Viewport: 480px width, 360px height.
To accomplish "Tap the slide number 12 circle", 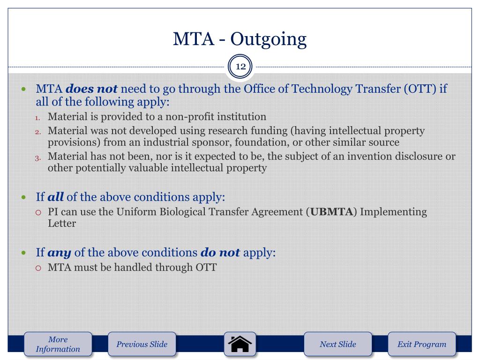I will pyautogui.click(x=240, y=67).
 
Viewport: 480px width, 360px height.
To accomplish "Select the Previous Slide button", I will pyautogui.click(x=142, y=345).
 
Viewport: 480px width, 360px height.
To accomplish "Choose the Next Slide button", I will pyautogui.click(x=337, y=345).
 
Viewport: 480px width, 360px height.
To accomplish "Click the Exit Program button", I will pyautogui.click(x=421, y=345).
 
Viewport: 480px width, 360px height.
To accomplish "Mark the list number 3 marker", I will pyautogui.click(x=39, y=158).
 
